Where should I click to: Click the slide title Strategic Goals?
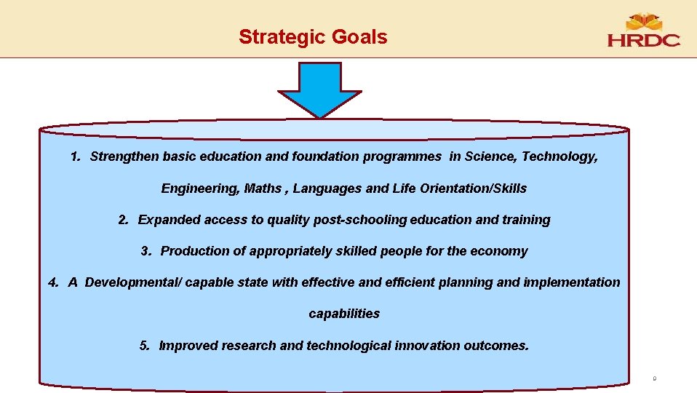(313, 36)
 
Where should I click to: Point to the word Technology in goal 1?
(559, 156)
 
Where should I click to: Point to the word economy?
(499, 251)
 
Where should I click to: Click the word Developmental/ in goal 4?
(133, 282)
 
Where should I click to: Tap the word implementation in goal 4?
(572, 282)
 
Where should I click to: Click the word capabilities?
(344, 314)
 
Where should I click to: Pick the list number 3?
(146, 251)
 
